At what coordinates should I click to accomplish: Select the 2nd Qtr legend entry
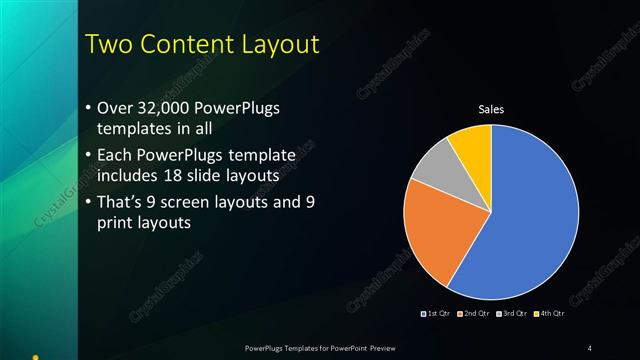click(474, 314)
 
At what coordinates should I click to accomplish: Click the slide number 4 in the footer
click(590, 347)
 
